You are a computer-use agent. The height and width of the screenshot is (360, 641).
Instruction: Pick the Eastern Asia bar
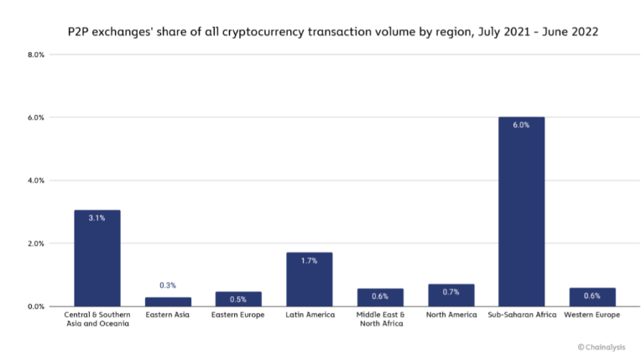pyautogui.click(x=168, y=301)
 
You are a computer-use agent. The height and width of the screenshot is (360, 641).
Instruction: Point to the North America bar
pyautogui.click(x=451, y=295)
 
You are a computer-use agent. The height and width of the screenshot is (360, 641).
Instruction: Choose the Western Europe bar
pyautogui.click(x=592, y=297)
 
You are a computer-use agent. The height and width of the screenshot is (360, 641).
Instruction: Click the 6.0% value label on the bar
pyautogui.click(x=521, y=125)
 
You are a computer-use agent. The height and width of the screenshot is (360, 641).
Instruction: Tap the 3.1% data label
pyautogui.click(x=96, y=217)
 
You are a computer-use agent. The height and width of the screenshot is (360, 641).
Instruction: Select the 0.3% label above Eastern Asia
pyautogui.click(x=168, y=286)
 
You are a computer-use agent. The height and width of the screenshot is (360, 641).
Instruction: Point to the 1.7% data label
pyautogui.click(x=309, y=260)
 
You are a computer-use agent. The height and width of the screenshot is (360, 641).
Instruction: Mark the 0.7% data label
pyautogui.click(x=451, y=291)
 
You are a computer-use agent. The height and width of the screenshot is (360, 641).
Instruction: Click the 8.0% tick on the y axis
pyautogui.click(x=36, y=55)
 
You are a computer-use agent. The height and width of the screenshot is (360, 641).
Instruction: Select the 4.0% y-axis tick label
pyautogui.click(x=36, y=180)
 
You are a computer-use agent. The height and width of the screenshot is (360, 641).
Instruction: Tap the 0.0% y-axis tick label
pyautogui.click(x=36, y=306)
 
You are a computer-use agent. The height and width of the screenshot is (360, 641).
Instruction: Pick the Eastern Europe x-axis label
pyautogui.click(x=238, y=316)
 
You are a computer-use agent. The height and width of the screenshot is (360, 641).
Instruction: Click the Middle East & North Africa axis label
pyautogui.click(x=380, y=320)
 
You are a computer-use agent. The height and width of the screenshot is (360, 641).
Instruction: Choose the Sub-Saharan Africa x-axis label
pyautogui.click(x=521, y=316)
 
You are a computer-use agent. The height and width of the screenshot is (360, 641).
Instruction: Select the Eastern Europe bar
pyautogui.click(x=238, y=299)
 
